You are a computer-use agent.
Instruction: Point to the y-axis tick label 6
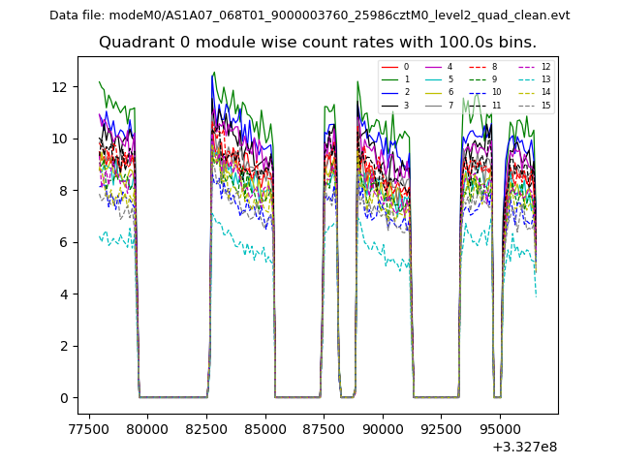tap(62, 242)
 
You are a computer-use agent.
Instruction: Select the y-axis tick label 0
tap(62, 398)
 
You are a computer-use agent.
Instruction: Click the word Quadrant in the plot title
tap(133, 43)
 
